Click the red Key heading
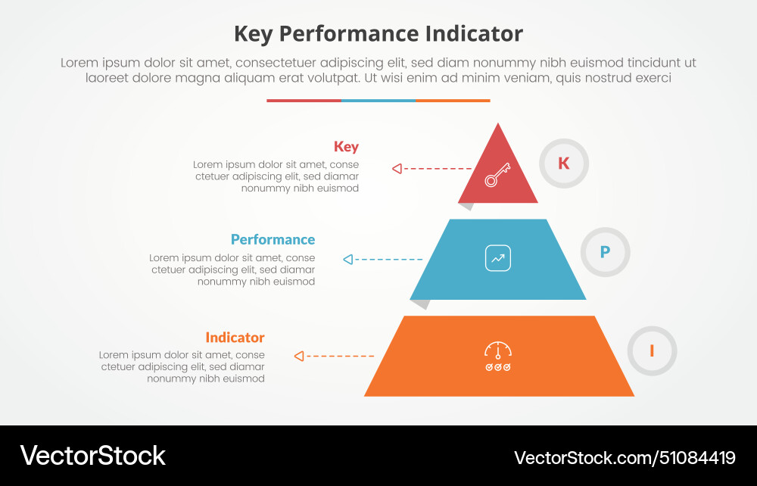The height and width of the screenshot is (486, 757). (x=346, y=147)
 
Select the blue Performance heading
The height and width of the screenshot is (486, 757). (x=273, y=239)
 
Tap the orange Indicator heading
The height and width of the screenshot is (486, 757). (x=235, y=338)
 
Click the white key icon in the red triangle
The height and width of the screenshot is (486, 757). (x=497, y=175)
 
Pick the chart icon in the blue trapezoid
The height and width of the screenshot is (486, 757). (x=498, y=258)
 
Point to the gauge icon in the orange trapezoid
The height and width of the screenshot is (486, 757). (x=498, y=356)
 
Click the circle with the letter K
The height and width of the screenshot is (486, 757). (x=564, y=163)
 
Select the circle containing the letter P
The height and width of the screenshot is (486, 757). (x=605, y=252)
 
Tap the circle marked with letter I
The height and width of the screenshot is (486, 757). (x=652, y=350)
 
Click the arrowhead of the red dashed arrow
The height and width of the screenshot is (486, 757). (x=397, y=169)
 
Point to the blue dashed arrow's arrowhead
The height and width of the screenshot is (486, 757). (x=347, y=260)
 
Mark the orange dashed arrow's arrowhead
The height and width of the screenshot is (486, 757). (x=299, y=356)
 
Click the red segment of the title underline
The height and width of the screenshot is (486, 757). (x=304, y=100)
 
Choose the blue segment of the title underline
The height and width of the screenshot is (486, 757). (x=378, y=100)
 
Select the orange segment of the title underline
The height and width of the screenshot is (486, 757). (x=453, y=100)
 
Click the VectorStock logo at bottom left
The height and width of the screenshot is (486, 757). (x=92, y=456)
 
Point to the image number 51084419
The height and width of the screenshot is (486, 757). (x=696, y=457)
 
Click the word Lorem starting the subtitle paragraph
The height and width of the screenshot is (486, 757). (x=79, y=64)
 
